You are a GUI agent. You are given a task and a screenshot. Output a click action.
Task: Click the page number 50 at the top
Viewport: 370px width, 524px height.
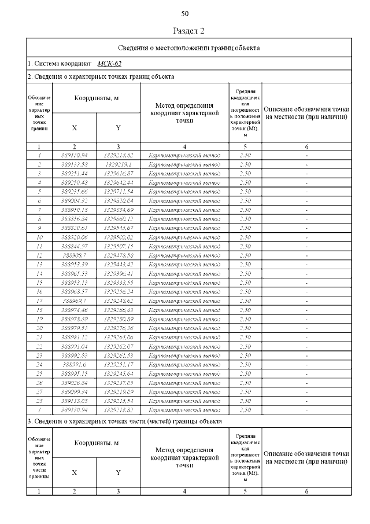[x=185, y=13]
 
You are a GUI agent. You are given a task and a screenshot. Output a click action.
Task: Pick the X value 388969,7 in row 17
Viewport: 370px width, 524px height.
[x=75, y=301]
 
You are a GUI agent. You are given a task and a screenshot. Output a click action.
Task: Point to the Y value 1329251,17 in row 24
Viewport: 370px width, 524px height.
[x=119, y=365]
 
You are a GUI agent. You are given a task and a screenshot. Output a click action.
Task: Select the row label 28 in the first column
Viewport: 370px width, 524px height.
[x=39, y=401]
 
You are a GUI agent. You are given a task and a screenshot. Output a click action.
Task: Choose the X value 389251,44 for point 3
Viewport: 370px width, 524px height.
[x=75, y=173]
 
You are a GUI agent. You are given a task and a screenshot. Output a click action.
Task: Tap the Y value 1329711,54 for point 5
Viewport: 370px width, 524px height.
[x=119, y=192]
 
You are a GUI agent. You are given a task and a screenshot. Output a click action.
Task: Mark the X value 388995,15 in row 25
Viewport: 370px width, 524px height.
[x=75, y=374]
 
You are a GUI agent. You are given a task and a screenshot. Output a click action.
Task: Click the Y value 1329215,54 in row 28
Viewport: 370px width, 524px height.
[x=119, y=401]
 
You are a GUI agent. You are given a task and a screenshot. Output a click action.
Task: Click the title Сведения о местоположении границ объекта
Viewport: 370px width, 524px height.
[x=188, y=47]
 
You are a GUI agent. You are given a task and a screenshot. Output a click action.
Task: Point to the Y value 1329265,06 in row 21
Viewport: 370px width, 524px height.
[x=119, y=338]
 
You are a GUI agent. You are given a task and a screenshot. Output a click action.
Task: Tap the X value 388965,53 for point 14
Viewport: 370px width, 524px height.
[x=75, y=274]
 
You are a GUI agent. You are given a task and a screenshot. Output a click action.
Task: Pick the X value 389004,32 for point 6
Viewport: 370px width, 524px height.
[x=75, y=201]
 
